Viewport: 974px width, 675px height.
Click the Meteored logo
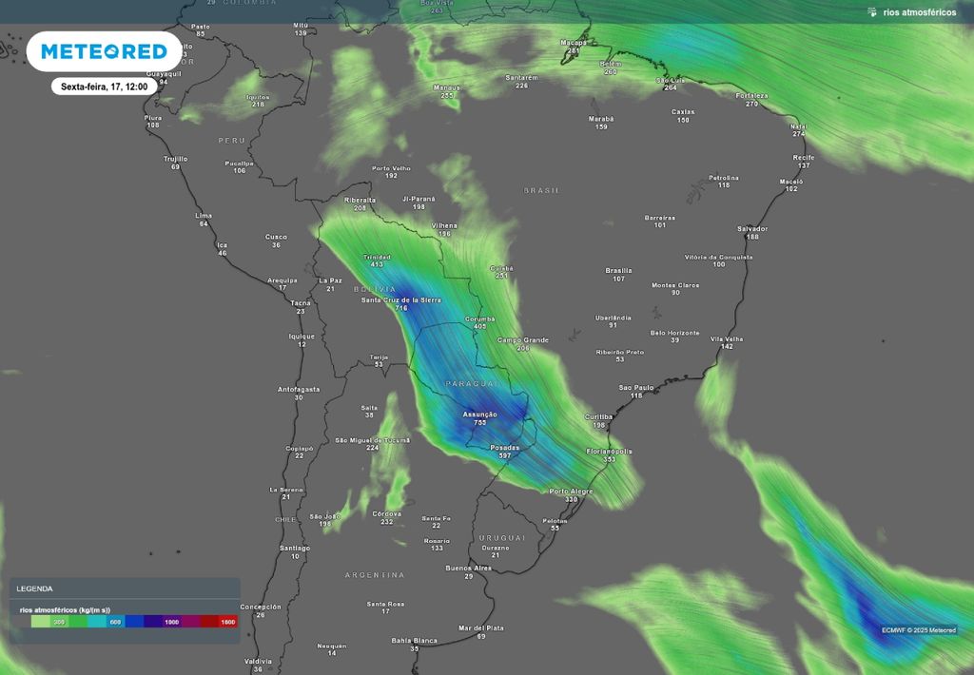[x=103, y=51]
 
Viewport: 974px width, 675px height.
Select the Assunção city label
[x=479, y=415]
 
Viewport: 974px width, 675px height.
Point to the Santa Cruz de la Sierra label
[x=400, y=300]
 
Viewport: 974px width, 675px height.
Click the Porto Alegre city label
[x=571, y=492]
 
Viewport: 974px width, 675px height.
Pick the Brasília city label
[x=618, y=271]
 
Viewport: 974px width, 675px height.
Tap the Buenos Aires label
[x=468, y=569]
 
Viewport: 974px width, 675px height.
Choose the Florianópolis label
[x=609, y=451]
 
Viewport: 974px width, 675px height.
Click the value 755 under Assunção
[x=480, y=423]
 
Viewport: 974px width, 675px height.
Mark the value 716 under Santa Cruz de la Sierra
[x=401, y=309]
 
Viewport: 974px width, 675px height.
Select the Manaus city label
[x=446, y=87]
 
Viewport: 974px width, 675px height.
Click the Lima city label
[x=203, y=216]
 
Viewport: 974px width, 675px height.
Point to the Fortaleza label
[x=751, y=96]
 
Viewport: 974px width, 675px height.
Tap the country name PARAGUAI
[x=472, y=383]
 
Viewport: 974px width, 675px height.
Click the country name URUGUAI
[x=502, y=538]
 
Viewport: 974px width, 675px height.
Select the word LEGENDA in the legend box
[x=34, y=589]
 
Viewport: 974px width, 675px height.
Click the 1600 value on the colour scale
[x=227, y=622]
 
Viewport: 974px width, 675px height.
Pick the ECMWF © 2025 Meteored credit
[x=918, y=629]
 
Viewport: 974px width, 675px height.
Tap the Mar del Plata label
[x=480, y=628]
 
